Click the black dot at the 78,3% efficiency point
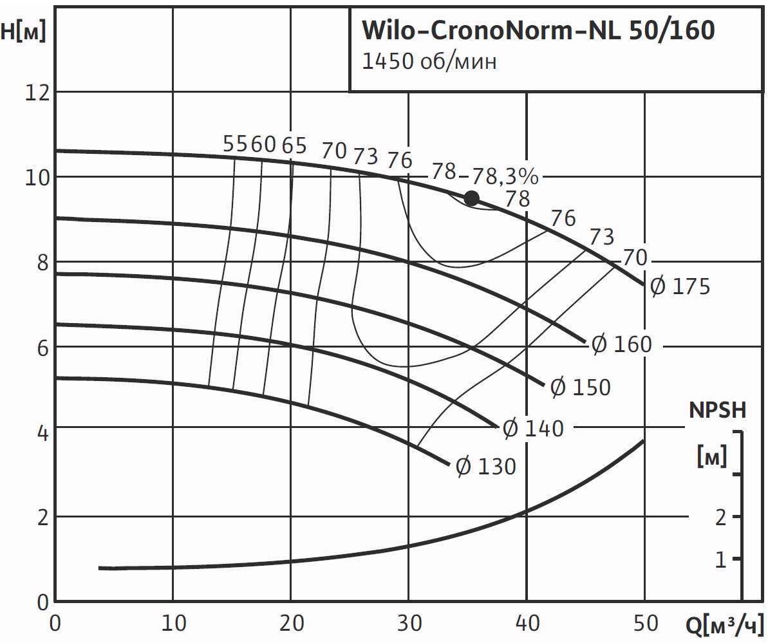[x=472, y=198]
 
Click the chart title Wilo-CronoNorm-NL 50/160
[x=538, y=30]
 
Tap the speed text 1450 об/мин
[x=429, y=62]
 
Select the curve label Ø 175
[x=679, y=285]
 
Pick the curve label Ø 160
[x=621, y=344]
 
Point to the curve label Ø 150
[x=579, y=387]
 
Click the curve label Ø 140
[x=532, y=428]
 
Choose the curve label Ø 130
[x=485, y=466]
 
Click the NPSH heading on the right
[x=717, y=410]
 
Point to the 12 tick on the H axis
[x=37, y=92]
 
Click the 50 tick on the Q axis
[x=644, y=623]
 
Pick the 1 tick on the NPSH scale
[x=720, y=559]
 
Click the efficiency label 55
[x=234, y=144]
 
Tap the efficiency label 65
[x=294, y=145]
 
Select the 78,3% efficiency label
[x=505, y=176]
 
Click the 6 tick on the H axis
[x=43, y=347]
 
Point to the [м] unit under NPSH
[x=712, y=457]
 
